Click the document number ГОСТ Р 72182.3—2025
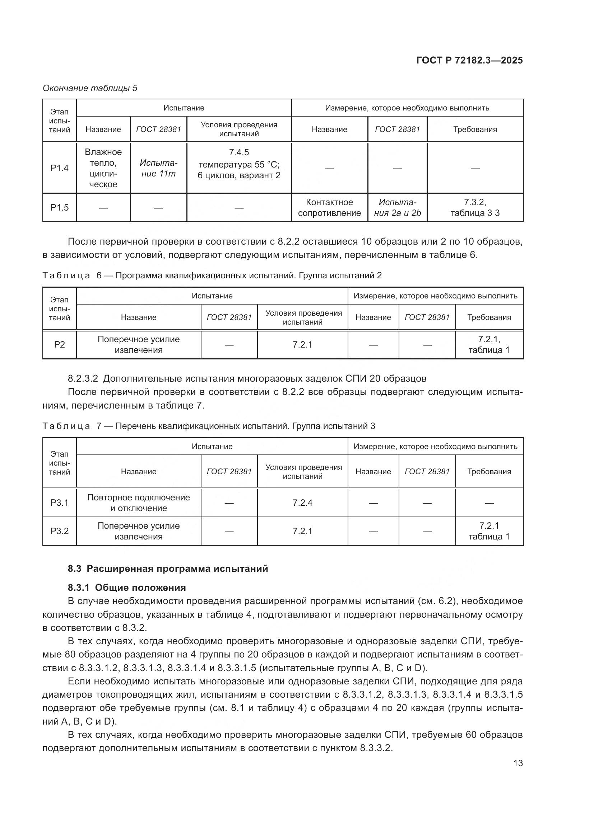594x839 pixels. (x=469, y=60)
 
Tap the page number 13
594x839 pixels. (x=518, y=763)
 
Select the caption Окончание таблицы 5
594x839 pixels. (x=90, y=88)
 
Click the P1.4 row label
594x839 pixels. (x=60, y=168)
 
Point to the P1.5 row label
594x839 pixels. (x=60, y=208)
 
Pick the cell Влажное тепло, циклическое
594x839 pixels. (x=103, y=168)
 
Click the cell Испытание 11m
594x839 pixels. (x=158, y=168)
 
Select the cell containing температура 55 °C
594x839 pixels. (x=239, y=164)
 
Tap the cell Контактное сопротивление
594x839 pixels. (x=329, y=208)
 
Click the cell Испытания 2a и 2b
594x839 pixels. (x=397, y=208)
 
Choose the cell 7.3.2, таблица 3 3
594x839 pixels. (x=475, y=208)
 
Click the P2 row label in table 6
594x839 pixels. (x=60, y=345)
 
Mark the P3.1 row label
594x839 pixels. (x=60, y=503)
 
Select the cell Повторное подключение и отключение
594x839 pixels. (x=139, y=503)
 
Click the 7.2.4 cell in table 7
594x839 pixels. (x=302, y=503)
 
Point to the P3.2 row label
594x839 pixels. (x=60, y=531)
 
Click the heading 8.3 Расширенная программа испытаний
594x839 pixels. (x=168, y=569)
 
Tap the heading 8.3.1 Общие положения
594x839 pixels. (x=127, y=588)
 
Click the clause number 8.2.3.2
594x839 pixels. (x=83, y=378)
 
